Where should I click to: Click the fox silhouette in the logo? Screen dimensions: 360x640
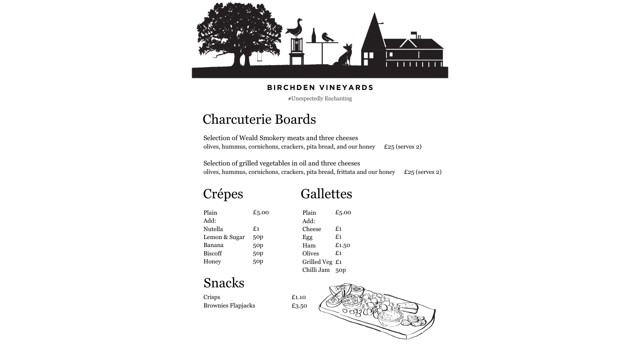pos(346,56)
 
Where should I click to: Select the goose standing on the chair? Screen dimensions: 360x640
pos(295,29)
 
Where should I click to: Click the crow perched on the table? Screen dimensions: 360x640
pos(328,37)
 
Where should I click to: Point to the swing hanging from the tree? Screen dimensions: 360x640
pos(259,57)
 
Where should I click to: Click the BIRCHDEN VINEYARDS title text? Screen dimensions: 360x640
pos(320,88)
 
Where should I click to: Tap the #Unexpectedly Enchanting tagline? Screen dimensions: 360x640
pos(320,98)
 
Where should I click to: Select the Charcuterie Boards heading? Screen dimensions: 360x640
pos(259,120)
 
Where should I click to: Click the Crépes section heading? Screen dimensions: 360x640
pos(223,194)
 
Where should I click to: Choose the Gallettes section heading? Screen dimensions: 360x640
pos(326,194)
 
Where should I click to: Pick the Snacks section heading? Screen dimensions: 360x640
pos(223,283)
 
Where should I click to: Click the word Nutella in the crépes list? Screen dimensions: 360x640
pos(213,229)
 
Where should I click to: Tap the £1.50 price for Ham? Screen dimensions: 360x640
pos(342,245)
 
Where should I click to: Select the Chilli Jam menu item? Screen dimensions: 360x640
pos(316,270)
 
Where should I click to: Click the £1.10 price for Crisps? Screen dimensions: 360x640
pos(298,297)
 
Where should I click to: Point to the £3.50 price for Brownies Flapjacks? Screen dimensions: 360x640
pos(299,306)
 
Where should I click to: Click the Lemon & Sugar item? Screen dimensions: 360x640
pos(224,237)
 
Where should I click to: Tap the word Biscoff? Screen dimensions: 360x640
pos(213,254)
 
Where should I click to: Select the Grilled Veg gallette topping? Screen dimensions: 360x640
pos(317,262)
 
